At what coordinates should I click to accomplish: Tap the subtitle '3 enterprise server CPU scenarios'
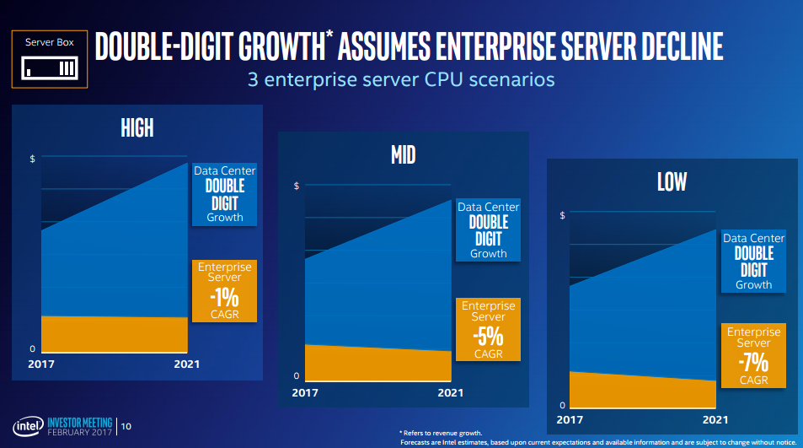400,81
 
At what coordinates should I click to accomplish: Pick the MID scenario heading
403,154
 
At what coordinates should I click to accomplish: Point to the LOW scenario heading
672,181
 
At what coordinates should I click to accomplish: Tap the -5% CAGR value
488,335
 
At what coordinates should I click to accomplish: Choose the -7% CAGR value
754,361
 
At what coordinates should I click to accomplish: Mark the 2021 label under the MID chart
451,392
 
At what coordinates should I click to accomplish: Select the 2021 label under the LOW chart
714,418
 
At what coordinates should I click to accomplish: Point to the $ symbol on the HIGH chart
32,159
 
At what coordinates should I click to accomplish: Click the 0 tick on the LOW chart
562,406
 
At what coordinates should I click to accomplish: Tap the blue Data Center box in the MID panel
488,229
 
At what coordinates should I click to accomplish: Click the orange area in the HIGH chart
114,334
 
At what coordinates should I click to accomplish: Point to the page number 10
126,427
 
